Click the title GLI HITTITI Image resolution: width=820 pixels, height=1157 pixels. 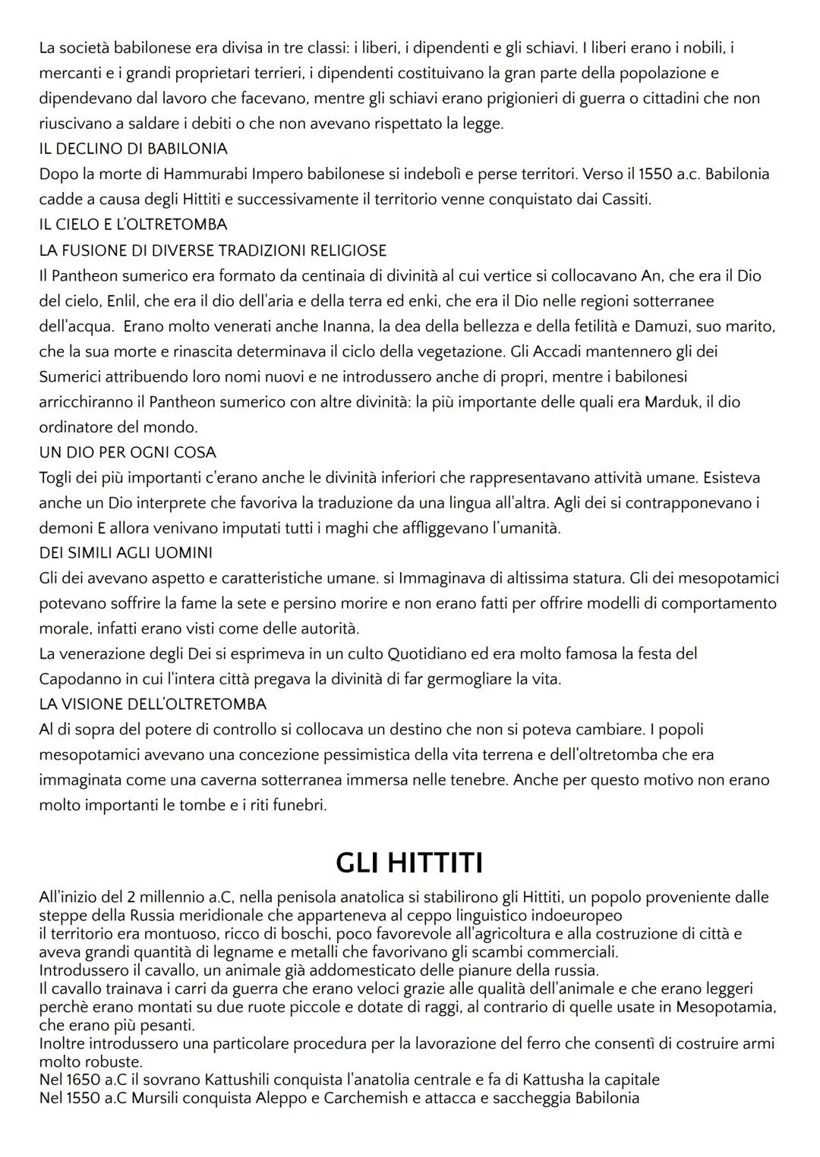tap(409, 863)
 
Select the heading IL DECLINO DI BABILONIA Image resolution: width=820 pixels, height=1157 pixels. tap(133, 149)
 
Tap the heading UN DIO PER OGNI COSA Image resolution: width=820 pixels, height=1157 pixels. tap(128, 452)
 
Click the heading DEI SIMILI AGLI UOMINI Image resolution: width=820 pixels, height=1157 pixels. tap(125, 553)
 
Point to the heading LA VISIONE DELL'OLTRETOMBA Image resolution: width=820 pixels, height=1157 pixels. tap(153, 704)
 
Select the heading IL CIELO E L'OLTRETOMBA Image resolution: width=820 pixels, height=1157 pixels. tap(133, 225)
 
